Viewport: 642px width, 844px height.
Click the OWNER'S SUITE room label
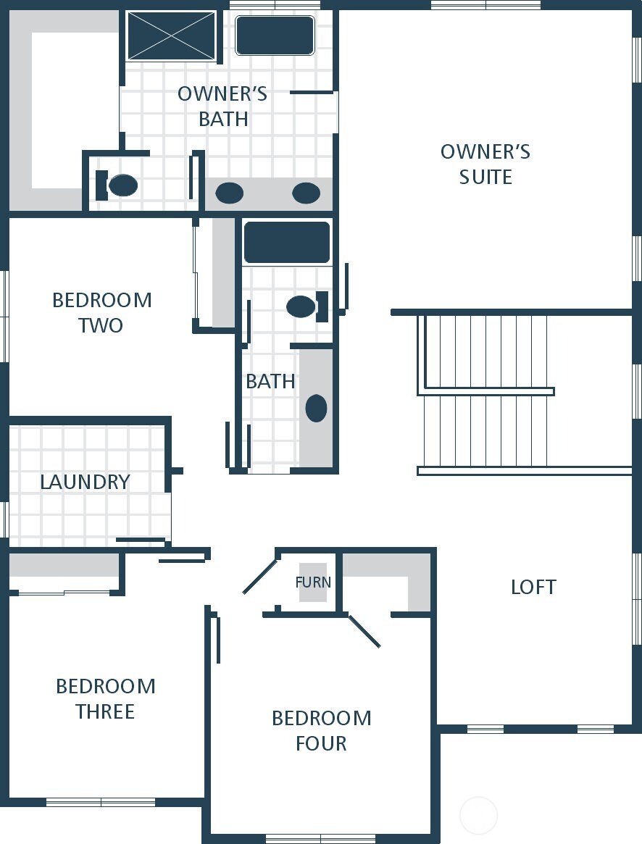(x=485, y=164)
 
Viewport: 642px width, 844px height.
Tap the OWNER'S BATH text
(x=222, y=106)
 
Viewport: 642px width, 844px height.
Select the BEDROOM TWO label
(x=101, y=312)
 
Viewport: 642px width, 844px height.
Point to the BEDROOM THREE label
(x=105, y=698)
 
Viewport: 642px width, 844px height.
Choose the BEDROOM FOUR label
(x=321, y=730)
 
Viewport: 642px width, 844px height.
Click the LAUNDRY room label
(x=85, y=482)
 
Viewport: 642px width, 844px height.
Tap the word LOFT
(x=533, y=587)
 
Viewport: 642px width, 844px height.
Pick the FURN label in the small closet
(x=313, y=582)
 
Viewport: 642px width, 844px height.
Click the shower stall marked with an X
(x=172, y=35)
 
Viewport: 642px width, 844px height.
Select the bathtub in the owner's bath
(x=275, y=35)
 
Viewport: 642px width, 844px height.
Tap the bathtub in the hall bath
(x=287, y=243)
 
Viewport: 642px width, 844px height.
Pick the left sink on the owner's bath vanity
(x=230, y=193)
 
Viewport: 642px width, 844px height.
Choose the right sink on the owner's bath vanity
(x=306, y=193)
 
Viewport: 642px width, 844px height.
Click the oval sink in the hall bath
(x=316, y=409)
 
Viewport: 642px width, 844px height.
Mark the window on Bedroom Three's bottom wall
(x=101, y=802)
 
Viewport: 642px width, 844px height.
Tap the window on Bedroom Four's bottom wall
(x=320, y=839)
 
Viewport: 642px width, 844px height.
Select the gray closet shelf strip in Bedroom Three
(x=64, y=566)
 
